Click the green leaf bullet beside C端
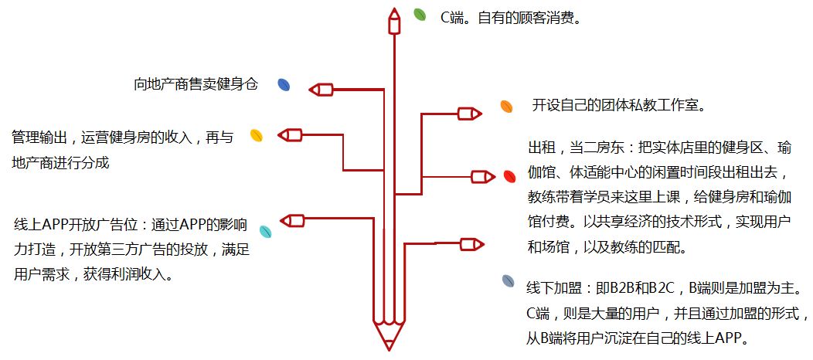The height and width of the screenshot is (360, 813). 420,15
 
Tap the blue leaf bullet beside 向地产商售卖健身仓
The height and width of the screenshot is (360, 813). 284,85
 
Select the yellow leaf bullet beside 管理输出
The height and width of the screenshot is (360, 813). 257,136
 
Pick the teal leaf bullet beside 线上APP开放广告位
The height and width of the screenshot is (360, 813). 264,230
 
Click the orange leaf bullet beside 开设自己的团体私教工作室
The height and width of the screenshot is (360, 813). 506,106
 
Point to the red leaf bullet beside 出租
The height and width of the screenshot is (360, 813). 509,176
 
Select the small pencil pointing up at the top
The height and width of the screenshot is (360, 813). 394,21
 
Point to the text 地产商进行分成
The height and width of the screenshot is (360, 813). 61,162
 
